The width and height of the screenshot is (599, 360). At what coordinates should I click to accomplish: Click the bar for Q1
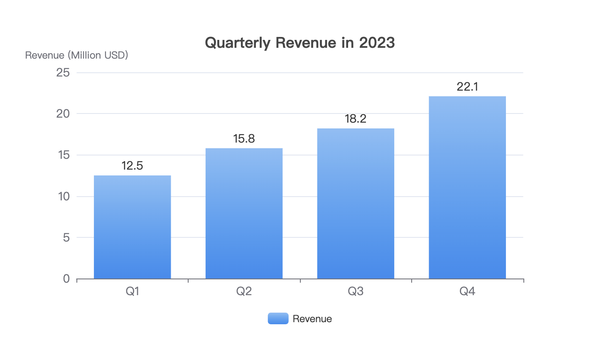click(x=132, y=227)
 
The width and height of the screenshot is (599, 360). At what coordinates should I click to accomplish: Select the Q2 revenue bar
click(x=244, y=213)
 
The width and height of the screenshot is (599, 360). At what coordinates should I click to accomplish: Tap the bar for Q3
click(x=356, y=203)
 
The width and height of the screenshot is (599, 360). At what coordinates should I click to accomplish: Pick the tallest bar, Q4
click(x=467, y=187)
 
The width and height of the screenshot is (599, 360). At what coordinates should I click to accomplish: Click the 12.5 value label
click(x=132, y=166)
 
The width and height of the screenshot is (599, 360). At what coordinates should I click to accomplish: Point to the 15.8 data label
click(x=244, y=138)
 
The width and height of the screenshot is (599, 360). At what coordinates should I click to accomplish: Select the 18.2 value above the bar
click(x=356, y=119)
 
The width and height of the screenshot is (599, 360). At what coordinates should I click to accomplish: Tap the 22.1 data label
click(x=467, y=86)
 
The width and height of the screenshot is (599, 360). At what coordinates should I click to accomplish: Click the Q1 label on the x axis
click(x=132, y=291)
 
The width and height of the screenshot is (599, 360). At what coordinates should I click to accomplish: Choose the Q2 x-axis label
click(x=244, y=291)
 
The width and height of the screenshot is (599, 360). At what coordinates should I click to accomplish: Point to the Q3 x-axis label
click(x=356, y=291)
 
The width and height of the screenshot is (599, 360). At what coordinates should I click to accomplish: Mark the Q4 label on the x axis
click(x=467, y=291)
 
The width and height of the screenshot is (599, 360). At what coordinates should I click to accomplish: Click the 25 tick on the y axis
click(x=63, y=73)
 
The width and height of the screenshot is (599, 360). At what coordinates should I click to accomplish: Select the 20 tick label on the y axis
click(x=63, y=113)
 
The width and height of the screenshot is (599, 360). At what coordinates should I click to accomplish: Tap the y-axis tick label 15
click(x=63, y=155)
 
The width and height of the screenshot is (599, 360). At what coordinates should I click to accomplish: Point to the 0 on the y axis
click(x=66, y=279)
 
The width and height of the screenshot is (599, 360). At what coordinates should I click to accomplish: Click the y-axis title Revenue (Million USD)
click(x=76, y=55)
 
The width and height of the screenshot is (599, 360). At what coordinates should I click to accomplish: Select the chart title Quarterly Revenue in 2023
click(x=299, y=43)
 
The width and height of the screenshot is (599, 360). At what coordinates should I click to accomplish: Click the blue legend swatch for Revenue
click(x=278, y=318)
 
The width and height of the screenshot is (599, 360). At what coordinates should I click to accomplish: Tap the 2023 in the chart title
click(x=377, y=43)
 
